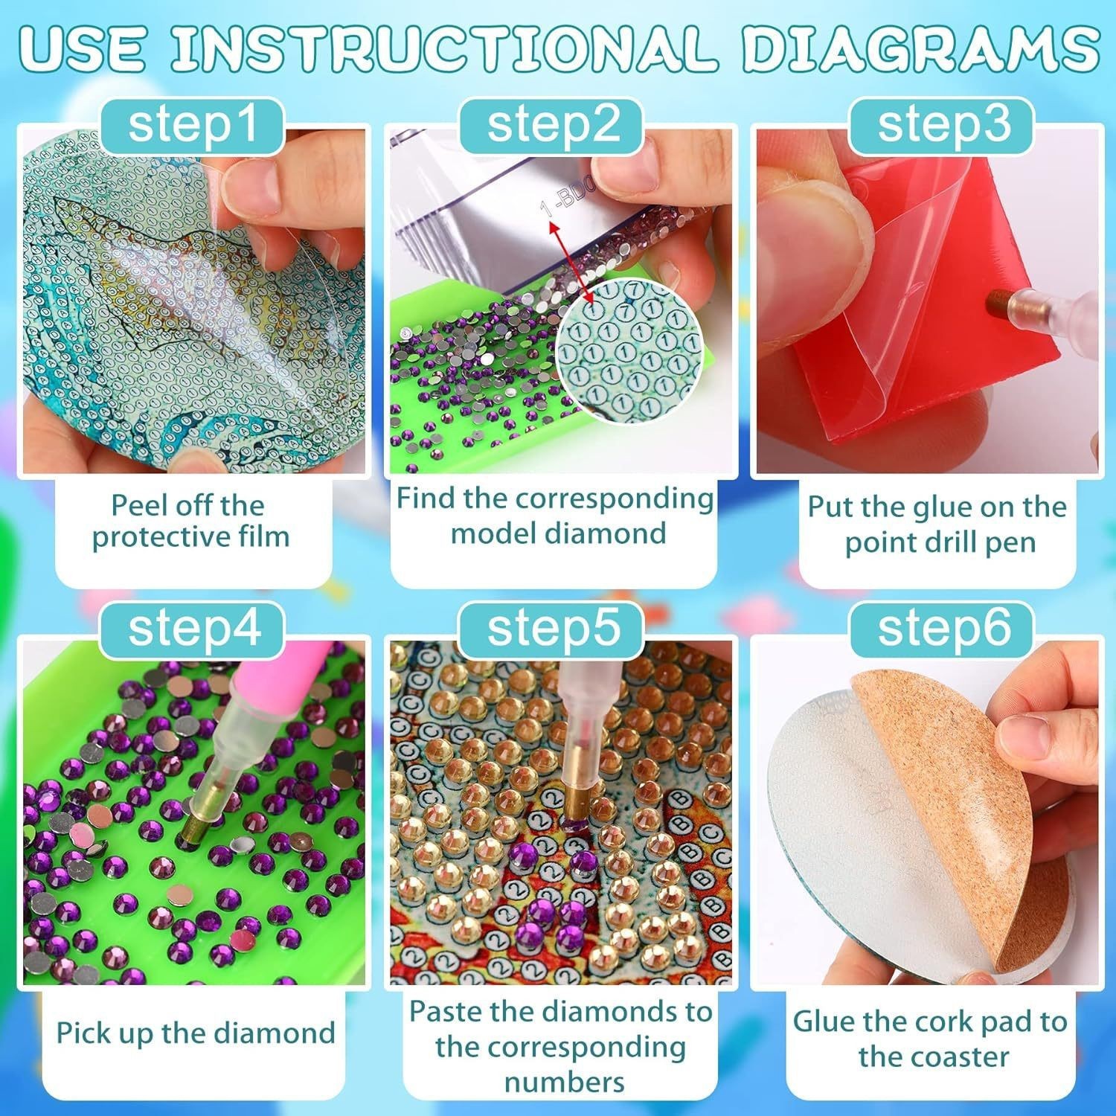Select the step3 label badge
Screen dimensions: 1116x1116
click(x=944, y=124)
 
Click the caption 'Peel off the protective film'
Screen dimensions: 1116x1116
click(x=190, y=521)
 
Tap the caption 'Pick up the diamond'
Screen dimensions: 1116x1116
click(x=195, y=1033)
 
